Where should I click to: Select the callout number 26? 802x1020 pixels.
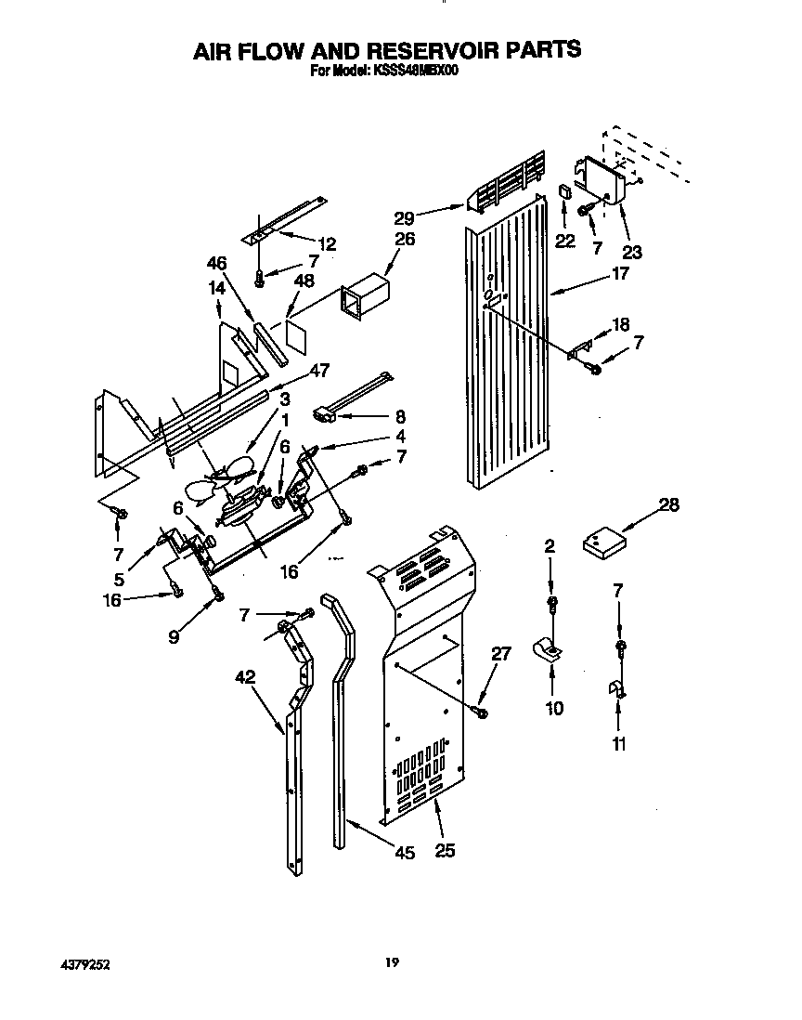coord(405,239)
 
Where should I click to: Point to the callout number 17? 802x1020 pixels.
coord(619,274)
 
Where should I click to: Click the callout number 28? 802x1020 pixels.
coord(668,505)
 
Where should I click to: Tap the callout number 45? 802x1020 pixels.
coord(404,854)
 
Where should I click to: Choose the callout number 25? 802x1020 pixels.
coord(445,849)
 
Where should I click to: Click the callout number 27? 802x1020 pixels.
coord(500,654)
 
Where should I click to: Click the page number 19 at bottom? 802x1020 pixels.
coord(393,963)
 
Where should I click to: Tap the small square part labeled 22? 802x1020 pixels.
coord(564,191)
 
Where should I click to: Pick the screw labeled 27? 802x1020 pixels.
coord(481,712)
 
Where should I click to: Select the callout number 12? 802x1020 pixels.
coord(326,244)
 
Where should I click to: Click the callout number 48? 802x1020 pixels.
coord(304,281)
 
